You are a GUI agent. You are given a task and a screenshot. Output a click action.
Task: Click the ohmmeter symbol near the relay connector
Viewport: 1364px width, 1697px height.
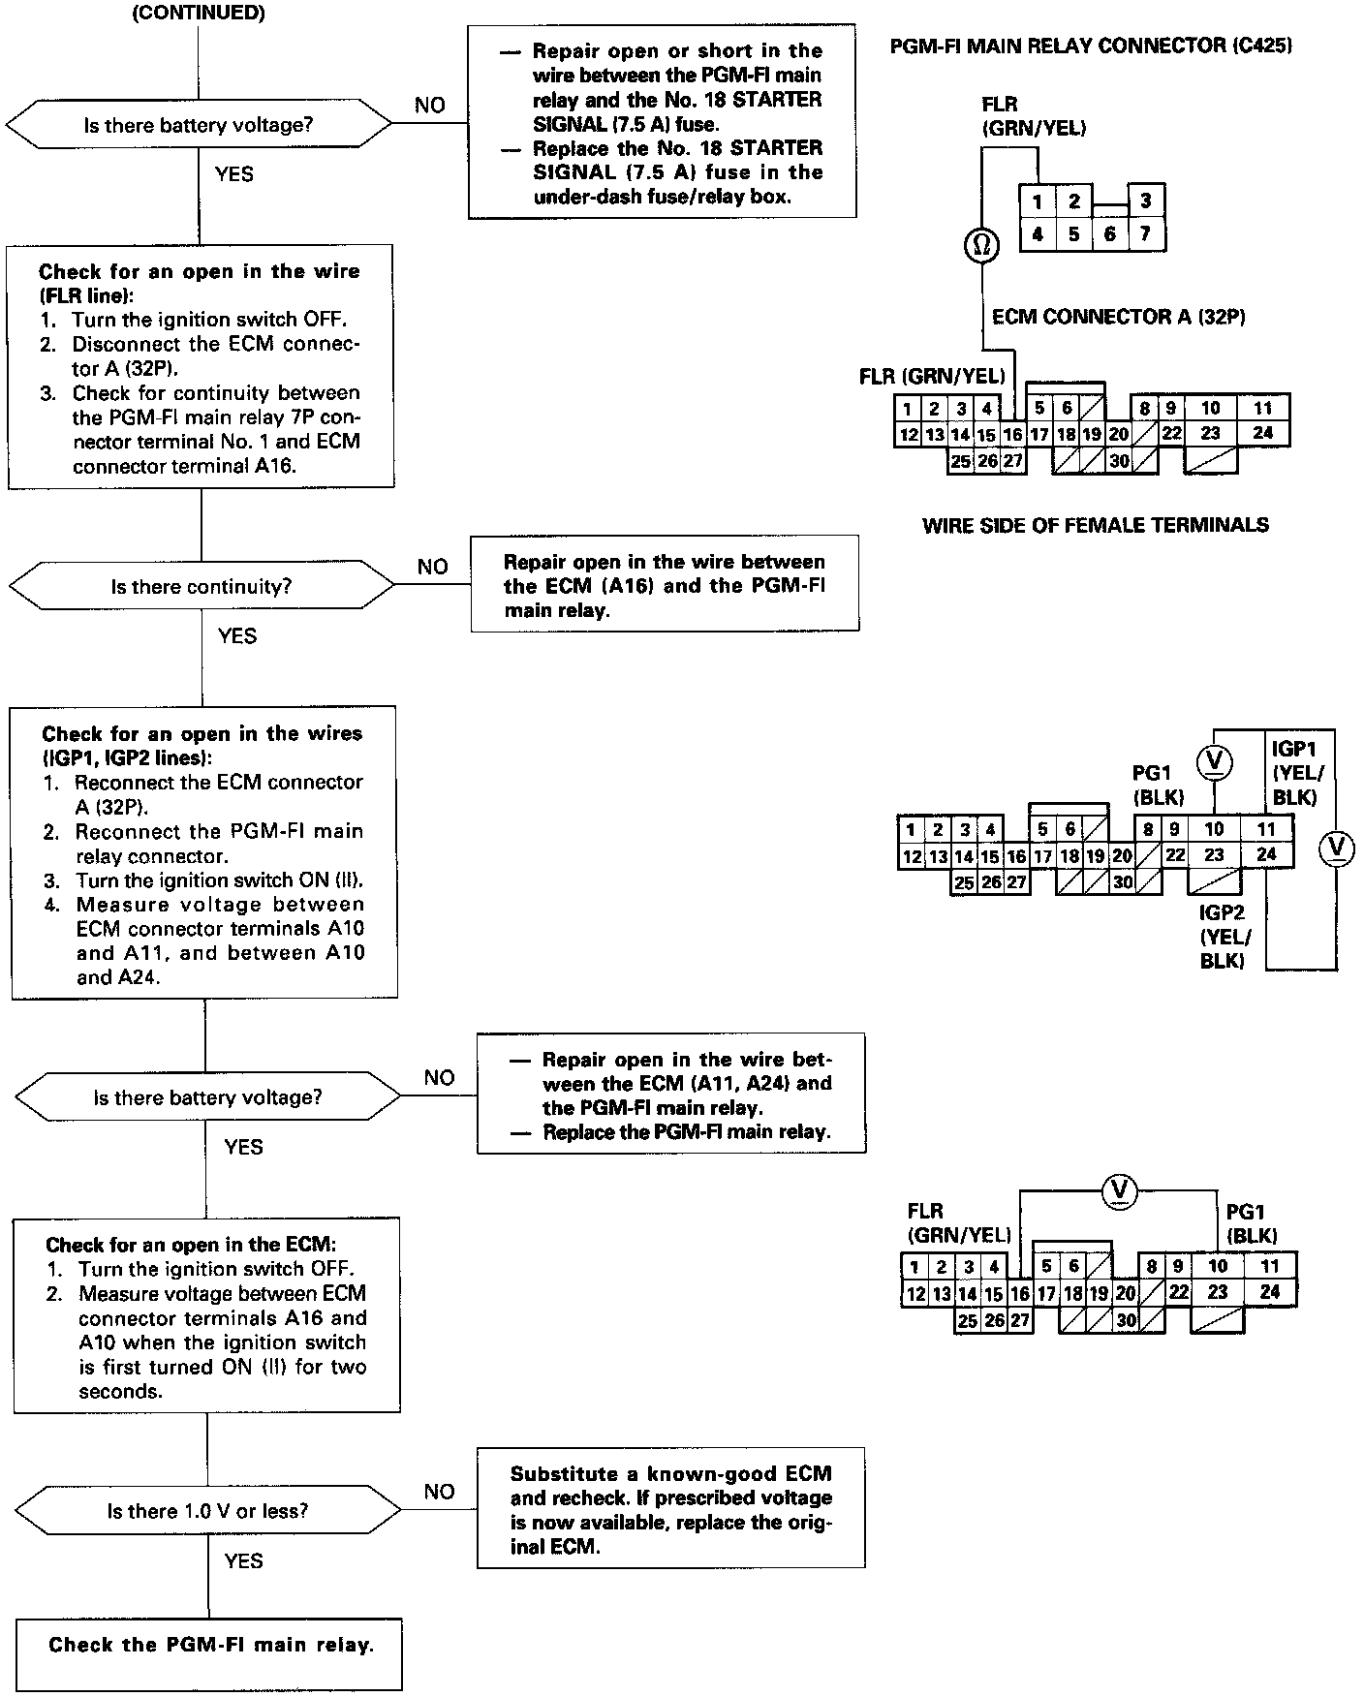click(980, 246)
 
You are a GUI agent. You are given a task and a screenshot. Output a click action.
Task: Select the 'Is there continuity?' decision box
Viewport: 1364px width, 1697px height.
click(201, 587)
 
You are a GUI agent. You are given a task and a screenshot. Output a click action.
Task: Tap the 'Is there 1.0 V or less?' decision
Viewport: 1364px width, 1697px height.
click(207, 1511)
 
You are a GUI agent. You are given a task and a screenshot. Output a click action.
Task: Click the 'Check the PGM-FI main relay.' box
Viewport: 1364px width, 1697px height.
click(209, 1645)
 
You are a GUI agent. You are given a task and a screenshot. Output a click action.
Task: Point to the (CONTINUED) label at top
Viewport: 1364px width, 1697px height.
click(198, 13)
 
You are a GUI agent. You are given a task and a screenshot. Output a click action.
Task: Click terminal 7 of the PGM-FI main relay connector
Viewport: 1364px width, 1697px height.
click(1145, 233)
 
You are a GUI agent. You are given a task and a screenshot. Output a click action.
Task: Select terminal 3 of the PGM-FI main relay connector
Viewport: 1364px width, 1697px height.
click(1145, 201)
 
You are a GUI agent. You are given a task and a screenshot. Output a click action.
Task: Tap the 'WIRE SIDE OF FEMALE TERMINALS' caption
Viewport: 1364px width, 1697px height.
click(1095, 526)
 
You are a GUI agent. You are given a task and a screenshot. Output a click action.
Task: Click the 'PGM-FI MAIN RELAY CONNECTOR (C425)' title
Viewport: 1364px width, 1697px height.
click(1091, 46)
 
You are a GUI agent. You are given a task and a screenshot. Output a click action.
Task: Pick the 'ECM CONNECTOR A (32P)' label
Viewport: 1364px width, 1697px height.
click(1118, 317)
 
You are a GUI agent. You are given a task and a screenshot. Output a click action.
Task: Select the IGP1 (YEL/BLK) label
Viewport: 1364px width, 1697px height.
click(1297, 772)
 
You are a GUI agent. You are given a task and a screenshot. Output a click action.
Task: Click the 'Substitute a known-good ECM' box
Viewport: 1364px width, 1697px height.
click(670, 1509)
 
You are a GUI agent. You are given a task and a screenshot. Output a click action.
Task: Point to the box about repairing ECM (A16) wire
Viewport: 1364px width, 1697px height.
click(665, 585)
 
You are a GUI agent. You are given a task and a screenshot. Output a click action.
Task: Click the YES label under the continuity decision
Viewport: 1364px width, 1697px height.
click(237, 636)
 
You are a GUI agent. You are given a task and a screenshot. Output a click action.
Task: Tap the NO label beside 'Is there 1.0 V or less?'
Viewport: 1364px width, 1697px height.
click(439, 1492)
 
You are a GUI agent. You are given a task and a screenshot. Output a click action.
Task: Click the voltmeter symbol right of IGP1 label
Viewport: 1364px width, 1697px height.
click(1337, 848)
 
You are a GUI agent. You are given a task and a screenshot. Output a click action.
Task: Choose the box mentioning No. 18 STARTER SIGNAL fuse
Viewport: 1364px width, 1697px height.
click(662, 122)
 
